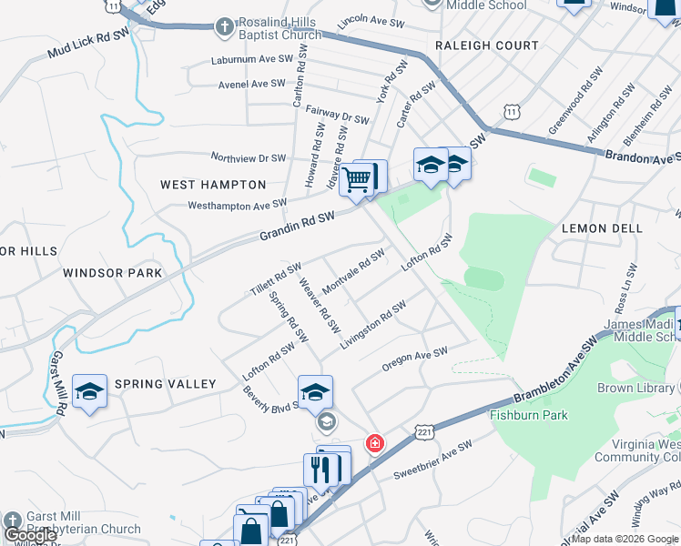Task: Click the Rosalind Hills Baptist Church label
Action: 280,28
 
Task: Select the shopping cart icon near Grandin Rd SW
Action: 358,179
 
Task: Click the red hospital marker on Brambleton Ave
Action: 373,444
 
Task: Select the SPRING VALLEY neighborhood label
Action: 165,384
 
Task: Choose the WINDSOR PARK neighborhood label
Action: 113,272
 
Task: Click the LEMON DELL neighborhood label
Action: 602,228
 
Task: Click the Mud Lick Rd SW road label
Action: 88,48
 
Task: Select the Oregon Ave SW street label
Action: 415,359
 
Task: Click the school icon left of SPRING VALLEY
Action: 89,391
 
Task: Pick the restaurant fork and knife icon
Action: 320,469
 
